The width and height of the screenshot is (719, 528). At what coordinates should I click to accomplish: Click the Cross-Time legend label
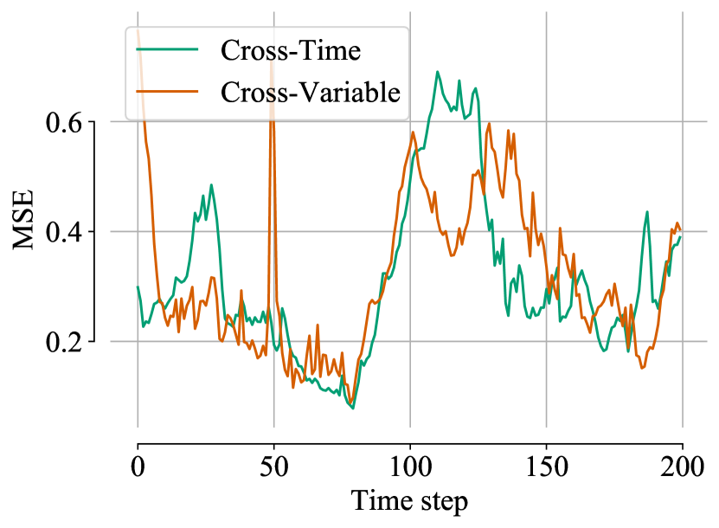coord(290,50)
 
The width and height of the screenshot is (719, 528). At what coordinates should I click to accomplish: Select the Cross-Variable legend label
coord(311,91)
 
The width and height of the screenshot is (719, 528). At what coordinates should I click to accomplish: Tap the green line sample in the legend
coord(169,51)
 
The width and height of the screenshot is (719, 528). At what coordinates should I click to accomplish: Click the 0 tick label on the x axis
coord(138,470)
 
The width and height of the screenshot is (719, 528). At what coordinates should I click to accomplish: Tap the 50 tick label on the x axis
coord(273,470)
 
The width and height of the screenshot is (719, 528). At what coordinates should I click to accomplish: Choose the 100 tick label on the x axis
coord(409,470)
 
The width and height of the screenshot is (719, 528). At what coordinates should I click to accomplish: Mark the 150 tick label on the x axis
coord(546,470)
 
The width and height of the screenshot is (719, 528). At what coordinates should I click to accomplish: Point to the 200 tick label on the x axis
coord(682,470)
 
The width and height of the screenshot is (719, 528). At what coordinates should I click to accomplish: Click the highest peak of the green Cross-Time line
coord(438,72)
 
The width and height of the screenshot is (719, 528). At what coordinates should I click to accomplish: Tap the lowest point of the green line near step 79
coord(352,408)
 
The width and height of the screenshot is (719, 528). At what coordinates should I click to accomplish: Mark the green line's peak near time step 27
coord(211,184)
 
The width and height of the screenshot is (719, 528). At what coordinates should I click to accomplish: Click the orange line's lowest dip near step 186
coord(643,368)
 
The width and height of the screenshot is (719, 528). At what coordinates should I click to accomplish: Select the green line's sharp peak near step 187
coord(646,211)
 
